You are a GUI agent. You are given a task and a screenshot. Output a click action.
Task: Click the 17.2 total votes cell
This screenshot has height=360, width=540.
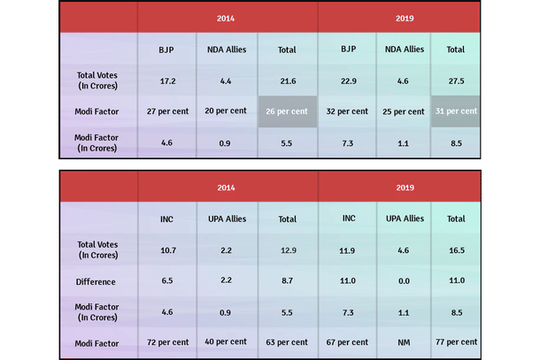coord(167,80)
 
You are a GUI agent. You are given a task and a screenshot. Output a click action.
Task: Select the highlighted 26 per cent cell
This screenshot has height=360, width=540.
coord(288,111)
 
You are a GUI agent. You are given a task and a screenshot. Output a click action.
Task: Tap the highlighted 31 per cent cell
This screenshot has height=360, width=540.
coord(456,111)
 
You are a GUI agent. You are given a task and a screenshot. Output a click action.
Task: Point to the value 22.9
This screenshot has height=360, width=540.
coord(348,80)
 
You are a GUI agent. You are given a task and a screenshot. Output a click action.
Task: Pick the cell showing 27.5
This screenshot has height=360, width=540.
coord(456,80)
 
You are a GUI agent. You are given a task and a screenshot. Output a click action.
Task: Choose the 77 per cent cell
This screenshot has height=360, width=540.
coord(456,341)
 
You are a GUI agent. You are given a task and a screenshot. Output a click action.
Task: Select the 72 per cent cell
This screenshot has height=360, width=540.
coord(167,341)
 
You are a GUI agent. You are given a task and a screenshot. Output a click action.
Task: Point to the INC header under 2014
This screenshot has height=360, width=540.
coord(167,218)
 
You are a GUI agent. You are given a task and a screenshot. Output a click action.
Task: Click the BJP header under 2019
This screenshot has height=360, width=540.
coord(348,50)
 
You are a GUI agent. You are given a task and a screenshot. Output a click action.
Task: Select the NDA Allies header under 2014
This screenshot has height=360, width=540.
coord(228,50)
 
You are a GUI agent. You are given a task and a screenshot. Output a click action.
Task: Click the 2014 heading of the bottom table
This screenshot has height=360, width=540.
coord(228,187)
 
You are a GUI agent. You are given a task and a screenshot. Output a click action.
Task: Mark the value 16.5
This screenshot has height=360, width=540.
coord(456,250)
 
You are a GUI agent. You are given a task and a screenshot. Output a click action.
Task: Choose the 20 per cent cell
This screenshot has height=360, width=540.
coord(228,111)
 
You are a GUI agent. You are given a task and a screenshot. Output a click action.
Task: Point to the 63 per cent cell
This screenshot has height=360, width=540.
coord(288,341)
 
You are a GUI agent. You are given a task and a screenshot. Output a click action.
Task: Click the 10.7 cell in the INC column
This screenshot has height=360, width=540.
coord(167,250)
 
